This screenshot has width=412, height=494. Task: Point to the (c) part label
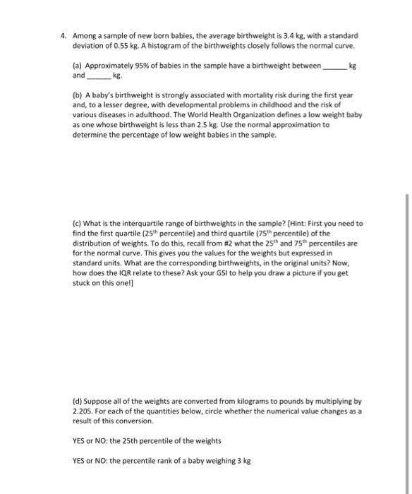[x=78, y=223]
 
